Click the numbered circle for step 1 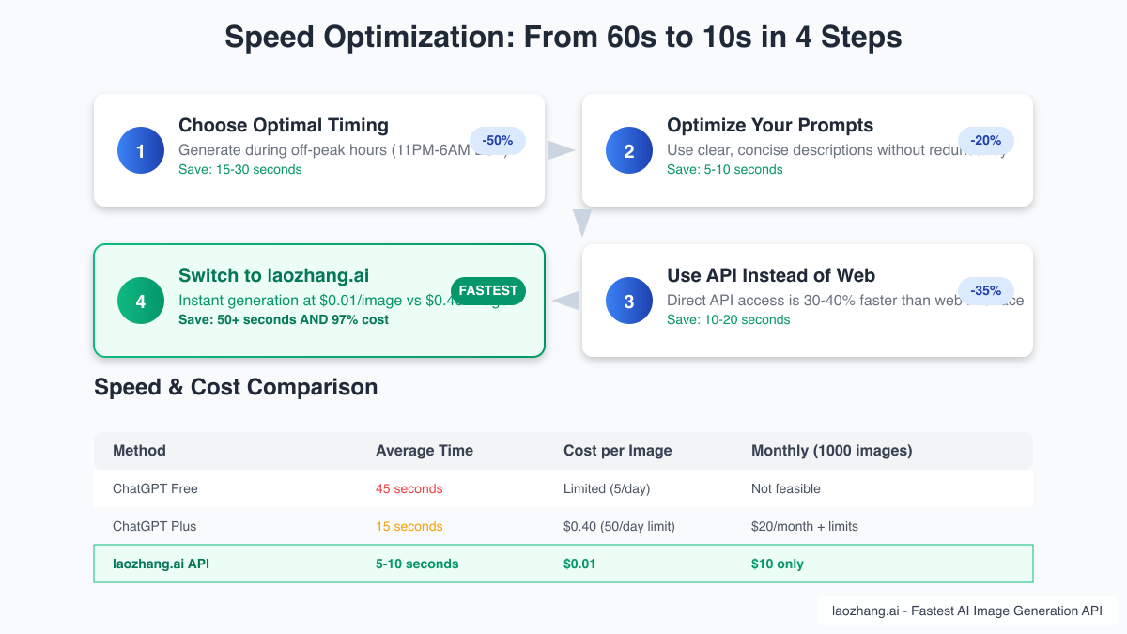[x=141, y=150]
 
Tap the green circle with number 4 [x=141, y=301]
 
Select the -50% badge [x=497, y=141]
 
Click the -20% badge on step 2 [x=985, y=141]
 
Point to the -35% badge [x=985, y=291]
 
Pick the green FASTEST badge [x=488, y=291]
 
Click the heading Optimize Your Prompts [x=770, y=126]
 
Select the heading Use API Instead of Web [x=771, y=276]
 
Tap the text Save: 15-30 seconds [x=240, y=170]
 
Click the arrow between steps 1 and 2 [x=561, y=150]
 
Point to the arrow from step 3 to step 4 [x=565, y=301]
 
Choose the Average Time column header [x=425, y=451]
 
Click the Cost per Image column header [x=618, y=451]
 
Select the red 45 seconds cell [x=409, y=488]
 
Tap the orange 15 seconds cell [x=409, y=526]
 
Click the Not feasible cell [x=786, y=488]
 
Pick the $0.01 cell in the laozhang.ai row [x=579, y=564]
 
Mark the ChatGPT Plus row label [x=155, y=526]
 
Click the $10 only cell [x=778, y=564]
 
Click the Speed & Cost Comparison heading [x=236, y=387]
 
